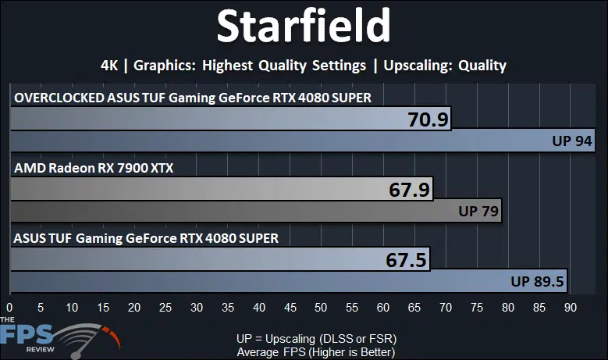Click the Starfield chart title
[304, 26]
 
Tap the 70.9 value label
[428, 119]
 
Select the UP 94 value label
[572, 141]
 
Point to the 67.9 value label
[410, 190]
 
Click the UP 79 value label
[478, 211]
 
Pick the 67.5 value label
[406, 260]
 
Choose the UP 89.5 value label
[537, 281]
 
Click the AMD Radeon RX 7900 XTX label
[94, 168]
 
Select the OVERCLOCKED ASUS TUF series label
[193, 98]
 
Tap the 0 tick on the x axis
[9, 308]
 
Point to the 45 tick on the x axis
[290, 308]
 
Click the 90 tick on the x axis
[571, 308]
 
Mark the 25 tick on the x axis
[165, 308]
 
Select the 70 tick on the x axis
[446, 308]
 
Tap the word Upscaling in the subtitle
[415, 66]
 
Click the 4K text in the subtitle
[109, 65]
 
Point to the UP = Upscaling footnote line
[316, 339]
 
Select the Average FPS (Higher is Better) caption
[316, 352]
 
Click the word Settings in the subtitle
[339, 66]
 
